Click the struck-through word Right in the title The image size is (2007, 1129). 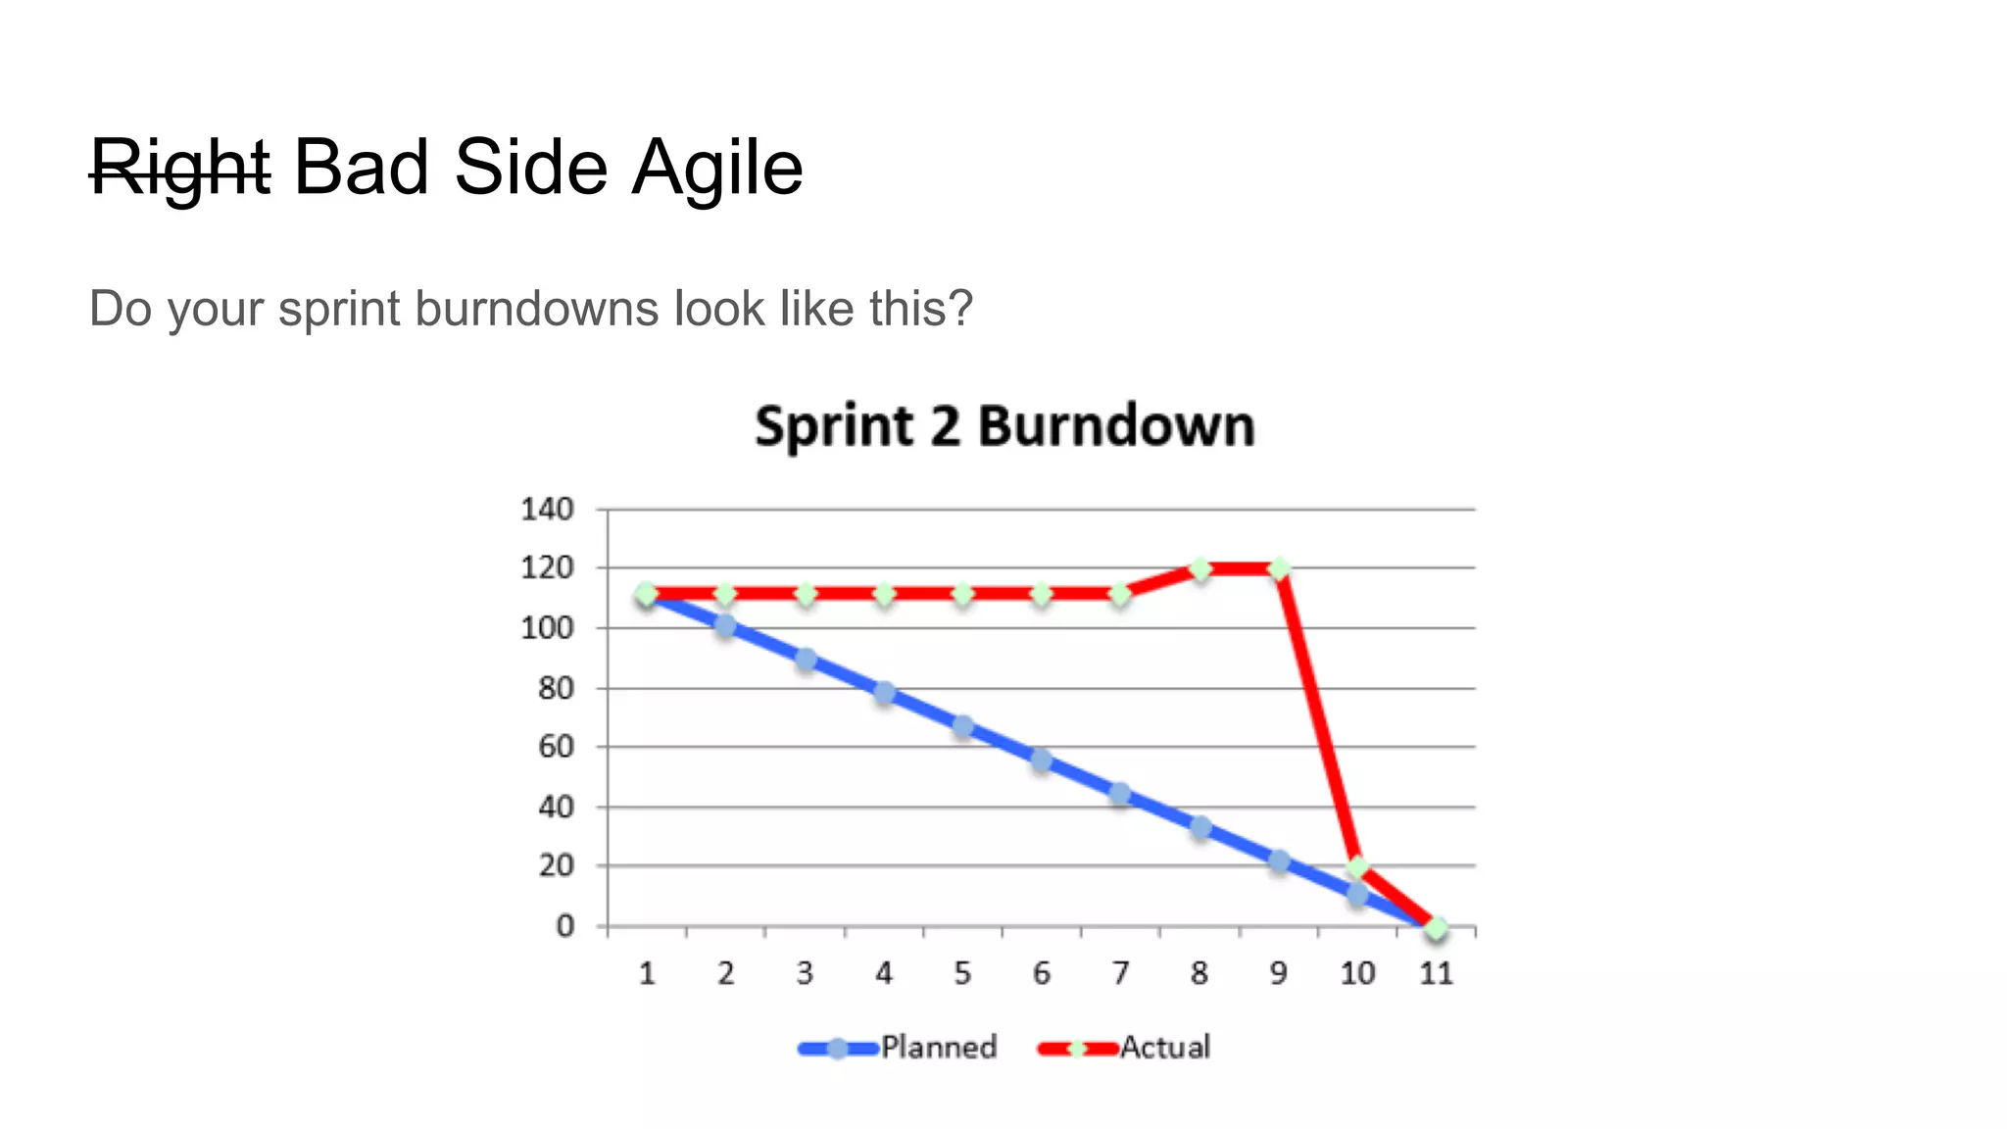tap(180, 168)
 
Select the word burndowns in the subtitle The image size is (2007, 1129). tap(535, 309)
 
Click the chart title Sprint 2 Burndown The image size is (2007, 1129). tap(1004, 426)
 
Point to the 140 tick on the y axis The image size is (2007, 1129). tap(547, 509)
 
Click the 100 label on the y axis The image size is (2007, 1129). tap(547, 627)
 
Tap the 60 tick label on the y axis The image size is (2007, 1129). tap(555, 747)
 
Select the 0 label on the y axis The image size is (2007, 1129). tap(564, 926)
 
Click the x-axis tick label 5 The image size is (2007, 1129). tap(962, 973)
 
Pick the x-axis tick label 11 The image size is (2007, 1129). tap(1436, 973)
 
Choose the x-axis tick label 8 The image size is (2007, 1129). tap(1199, 973)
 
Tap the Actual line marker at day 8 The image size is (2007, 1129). tap(1199, 568)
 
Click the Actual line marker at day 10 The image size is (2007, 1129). tap(1357, 866)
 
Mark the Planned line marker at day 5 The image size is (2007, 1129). tap(963, 726)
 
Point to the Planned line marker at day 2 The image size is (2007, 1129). tap(725, 625)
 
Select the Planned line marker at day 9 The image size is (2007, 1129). tap(1279, 861)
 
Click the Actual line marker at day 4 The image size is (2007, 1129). tap(884, 594)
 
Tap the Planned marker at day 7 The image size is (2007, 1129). tap(1121, 794)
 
